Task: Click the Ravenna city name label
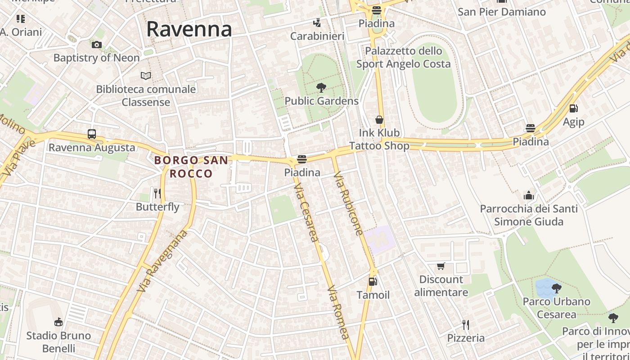189,30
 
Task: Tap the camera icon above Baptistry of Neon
97,45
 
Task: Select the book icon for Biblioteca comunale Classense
146,76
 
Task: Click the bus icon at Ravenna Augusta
92,134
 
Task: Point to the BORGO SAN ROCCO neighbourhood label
191,166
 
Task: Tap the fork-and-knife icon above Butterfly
157,193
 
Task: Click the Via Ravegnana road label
162,261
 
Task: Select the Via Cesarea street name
306,211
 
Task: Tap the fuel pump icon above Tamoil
373,282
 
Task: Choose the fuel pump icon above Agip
573,108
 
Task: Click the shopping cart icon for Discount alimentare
441,266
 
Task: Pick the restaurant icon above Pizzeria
466,324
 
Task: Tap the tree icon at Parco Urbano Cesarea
557,288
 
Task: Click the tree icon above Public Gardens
321,87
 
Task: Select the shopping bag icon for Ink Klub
379,120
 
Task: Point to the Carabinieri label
317,36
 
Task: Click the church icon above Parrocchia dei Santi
529,195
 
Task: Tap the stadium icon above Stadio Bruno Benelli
58,322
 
